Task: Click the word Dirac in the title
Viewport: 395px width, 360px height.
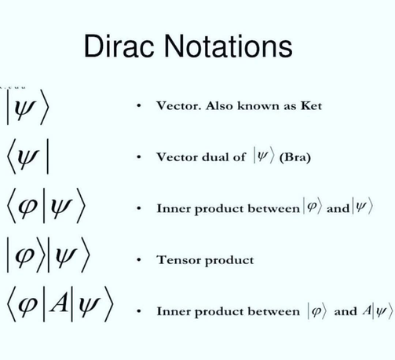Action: click(x=119, y=46)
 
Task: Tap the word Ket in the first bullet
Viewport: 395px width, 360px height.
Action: click(x=311, y=105)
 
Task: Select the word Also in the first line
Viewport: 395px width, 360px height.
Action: click(x=219, y=105)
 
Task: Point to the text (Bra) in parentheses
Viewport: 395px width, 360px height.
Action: click(x=295, y=157)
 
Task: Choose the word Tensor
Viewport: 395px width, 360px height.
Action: click(x=179, y=259)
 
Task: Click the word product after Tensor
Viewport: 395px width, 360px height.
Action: click(x=229, y=261)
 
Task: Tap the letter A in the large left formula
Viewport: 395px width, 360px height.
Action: click(x=59, y=303)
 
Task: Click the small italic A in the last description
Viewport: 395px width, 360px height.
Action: click(x=367, y=310)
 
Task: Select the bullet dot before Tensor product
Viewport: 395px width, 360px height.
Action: click(x=139, y=259)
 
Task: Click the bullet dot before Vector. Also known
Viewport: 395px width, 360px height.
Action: click(x=139, y=105)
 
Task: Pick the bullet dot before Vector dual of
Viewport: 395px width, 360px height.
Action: click(x=139, y=157)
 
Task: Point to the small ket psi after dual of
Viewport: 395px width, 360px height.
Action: click(x=264, y=156)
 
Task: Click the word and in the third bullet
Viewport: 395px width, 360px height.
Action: click(x=338, y=208)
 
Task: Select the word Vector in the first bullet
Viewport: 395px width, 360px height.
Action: click(x=179, y=105)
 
